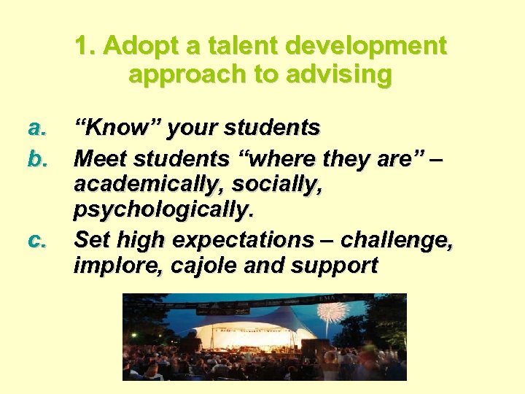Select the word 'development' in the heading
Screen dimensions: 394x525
pyautogui.click(x=365, y=46)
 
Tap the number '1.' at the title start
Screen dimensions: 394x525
pyautogui.click(x=86, y=46)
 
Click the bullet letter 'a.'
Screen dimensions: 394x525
pyautogui.click(x=37, y=128)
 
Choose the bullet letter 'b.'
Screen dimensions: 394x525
pyautogui.click(x=37, y=157)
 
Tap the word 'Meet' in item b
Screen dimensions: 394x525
pyautogui.click(x=98, y=157)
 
